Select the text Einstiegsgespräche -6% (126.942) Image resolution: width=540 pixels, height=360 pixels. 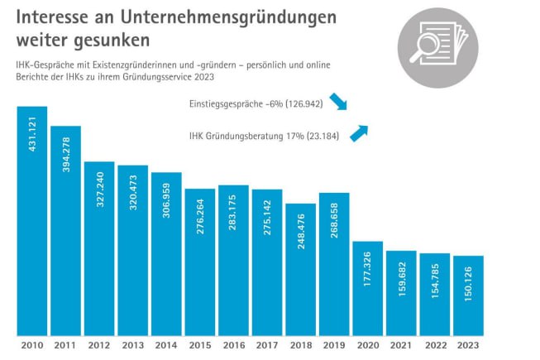click(x=253, y=103)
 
